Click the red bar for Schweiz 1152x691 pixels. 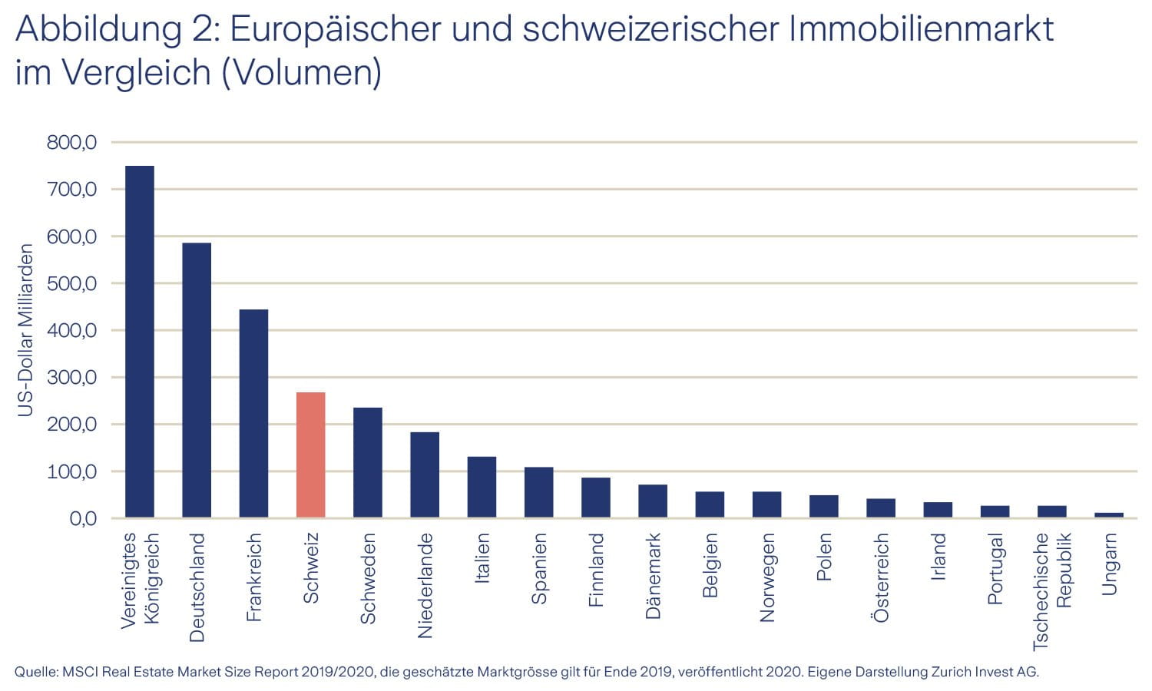(x=310, y=455)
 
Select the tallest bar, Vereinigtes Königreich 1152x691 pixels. (x=140, y=342)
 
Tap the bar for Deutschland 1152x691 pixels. (x=197, y=380)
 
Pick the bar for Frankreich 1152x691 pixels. (x=253, y=413)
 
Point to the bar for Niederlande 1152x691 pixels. (x=425, y=474)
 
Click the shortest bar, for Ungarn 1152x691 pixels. (x=1108, y=515)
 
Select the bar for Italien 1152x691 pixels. (x=482, y=487)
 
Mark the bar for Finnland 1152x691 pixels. (x=595, y=498)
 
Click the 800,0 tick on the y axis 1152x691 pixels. (x=71, y=142)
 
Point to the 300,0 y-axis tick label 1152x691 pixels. (x=71, y=377)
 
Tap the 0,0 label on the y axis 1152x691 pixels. (x=83, y=519)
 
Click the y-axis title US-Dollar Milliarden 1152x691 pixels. (x=26, y=330)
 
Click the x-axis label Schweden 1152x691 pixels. (x=368, y=578)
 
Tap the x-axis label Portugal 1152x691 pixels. (x=995, y=569)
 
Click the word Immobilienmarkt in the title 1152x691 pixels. (x=922, y=29)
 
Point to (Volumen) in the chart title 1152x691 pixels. (x=302, y=72)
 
